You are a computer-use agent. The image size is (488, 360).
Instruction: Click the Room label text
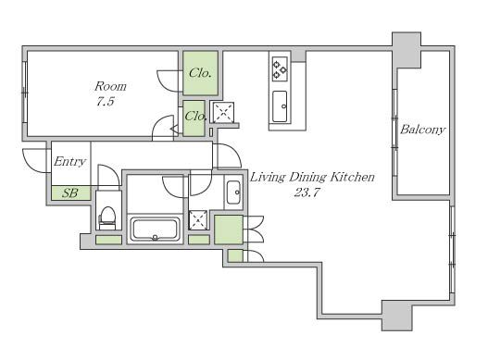click(110, 86)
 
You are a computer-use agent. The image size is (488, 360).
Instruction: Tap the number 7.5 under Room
click(106, 102)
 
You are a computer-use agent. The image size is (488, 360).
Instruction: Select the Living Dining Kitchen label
click(312, 178)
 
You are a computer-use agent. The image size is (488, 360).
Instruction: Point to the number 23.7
click(307, 192)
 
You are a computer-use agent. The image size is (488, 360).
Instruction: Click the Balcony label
click(422, 130)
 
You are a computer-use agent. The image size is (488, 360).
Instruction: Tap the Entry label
click(69, 161)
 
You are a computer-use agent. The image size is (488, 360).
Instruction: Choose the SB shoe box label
click(70, 193)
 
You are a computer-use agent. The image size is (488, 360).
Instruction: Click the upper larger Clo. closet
click(200, 73)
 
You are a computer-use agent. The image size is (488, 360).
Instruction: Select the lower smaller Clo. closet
click(194, 118)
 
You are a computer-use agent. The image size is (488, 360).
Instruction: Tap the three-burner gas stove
click(280, 68)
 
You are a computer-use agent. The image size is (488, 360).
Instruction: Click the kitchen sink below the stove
click(280, 106)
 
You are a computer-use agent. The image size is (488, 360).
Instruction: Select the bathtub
click(155, 229)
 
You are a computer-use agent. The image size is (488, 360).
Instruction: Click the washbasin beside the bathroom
click(233, 192)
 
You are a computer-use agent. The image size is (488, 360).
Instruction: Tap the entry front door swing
click(35, 161)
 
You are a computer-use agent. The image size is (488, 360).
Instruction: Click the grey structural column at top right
click(407, 50)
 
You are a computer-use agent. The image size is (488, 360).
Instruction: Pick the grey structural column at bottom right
click(397, 316)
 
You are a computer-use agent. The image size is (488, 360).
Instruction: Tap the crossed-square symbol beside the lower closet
click(222, 112)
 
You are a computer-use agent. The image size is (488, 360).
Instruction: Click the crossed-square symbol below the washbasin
click(198, 220)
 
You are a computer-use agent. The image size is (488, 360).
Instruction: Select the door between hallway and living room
click(229, 155)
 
